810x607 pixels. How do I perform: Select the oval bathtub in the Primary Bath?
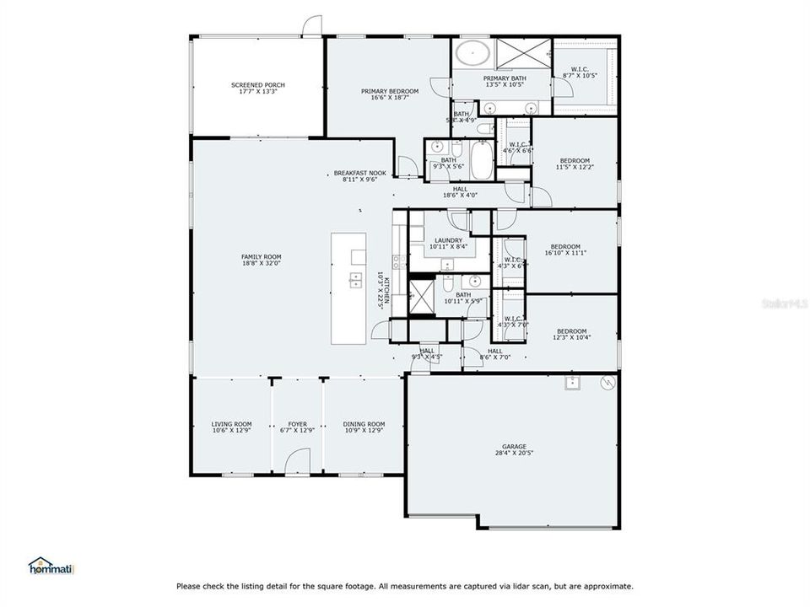(x=473, y=54)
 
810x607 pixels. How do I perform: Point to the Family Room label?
(x=261, y=260)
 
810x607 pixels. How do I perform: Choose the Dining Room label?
(x=364, y=427)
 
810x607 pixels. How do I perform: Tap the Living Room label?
(x=231, y=427)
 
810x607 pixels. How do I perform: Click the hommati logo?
(x=51, y=567)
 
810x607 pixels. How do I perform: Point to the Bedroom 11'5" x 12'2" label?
(x=575, y=164)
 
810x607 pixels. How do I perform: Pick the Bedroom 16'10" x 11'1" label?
(x=565, y=250)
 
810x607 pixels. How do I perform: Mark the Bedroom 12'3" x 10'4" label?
(x=570, y=334)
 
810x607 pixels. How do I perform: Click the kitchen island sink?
(x=356, y=280)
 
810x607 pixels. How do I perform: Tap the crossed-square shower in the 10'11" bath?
(x=420, y=297)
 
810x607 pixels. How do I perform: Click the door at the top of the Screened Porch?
(x=313, y=27)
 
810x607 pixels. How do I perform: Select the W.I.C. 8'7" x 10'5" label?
(x=580, y=73)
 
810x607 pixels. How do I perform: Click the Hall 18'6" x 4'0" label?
(x=461, y=192)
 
